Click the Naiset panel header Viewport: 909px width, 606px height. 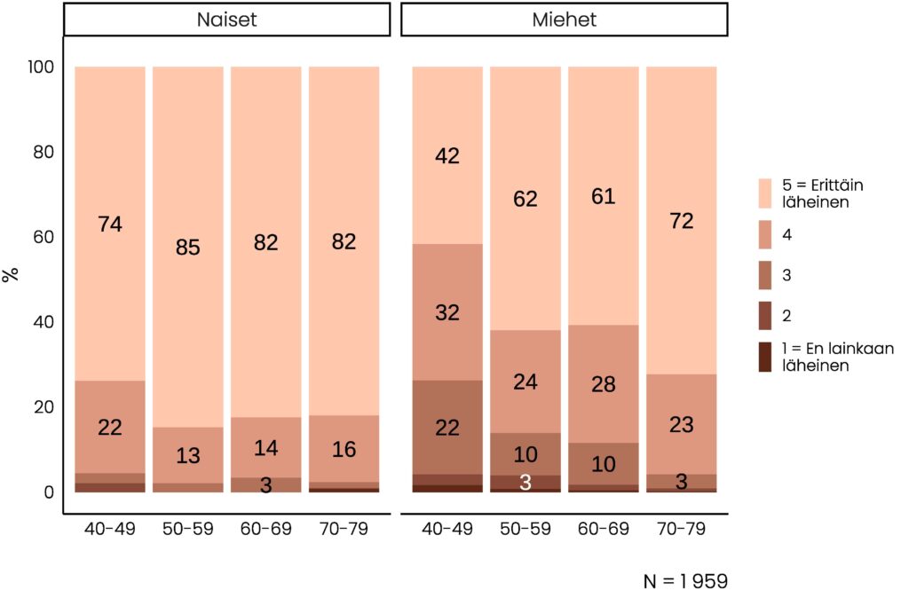[226, 20]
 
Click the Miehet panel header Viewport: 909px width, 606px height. [564, 20]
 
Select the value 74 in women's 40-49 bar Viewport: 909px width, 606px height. [110, 224]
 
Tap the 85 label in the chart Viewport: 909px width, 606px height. [187, 248]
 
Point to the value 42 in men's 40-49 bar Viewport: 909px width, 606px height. [447, 156]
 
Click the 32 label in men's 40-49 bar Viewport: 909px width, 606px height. [447, 312]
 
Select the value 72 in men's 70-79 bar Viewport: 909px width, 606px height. [681, 221]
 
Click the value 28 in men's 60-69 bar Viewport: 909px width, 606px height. [603, 384]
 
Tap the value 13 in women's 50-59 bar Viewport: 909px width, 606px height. [187, 455]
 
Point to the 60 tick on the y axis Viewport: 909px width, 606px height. [43, 237]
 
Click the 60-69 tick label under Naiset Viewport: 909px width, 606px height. [265, 530]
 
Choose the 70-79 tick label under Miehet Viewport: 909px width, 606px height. [681, 530]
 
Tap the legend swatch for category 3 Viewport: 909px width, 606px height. [765, 275]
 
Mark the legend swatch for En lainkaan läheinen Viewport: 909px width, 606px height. [765, 356]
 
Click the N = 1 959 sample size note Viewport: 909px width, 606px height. [685, 582]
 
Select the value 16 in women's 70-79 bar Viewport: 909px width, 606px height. [344, 450]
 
